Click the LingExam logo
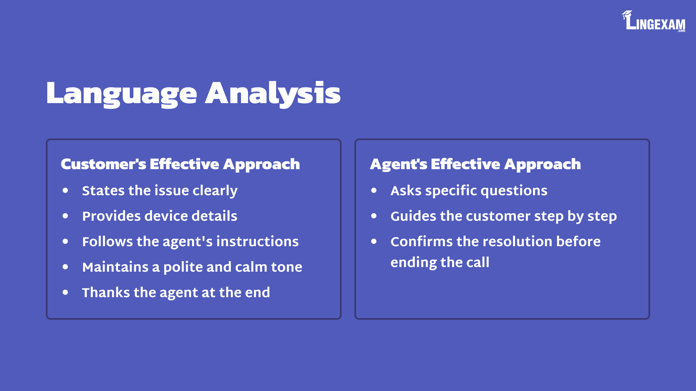pyautogui.click(x=654, y=21)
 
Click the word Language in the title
pyautogui.click(x=122, y=94)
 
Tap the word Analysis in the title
pyautogui.click(x=273, y=94)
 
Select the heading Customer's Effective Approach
pyautogui.click(x=180, y=165)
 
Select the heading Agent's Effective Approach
pyautogui.click(x=476, y=165)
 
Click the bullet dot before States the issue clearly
pyautogui.click(x=65, y=190)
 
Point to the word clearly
pyautogui.click(x=215, y=191)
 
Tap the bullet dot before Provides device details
pyautogui.click(x=65, y=216)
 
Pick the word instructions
pyautogui.click(x=258, y=242)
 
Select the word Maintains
pyautogui.click(x=115, y=267)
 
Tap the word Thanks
pyautogui.click(x=106, y=293)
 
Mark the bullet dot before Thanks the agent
pyautogui.click(x=65, y=292)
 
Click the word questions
pyautogui.click(x=514, y=191)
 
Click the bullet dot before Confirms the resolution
pyautogui.click(x=374, y=241)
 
